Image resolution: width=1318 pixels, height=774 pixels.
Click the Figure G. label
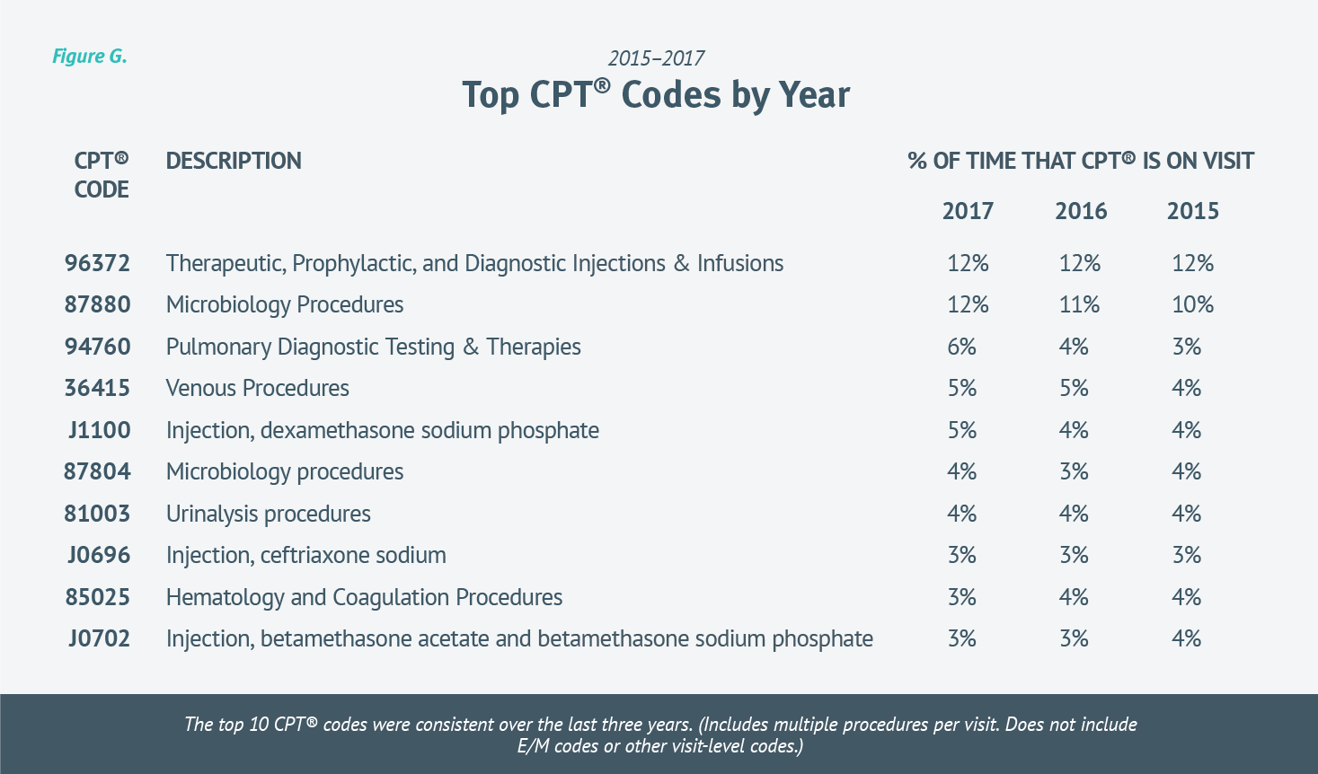[x=89, y=57]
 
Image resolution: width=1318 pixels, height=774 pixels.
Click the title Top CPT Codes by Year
[x=656, y=95]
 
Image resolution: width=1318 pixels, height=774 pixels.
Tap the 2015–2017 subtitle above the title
[x=656, y=58]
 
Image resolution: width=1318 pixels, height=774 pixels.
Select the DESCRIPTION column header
[x=234, y=162]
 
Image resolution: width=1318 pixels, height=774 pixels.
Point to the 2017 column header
[x=968, y=212]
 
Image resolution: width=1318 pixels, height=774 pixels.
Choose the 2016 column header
[x=1080, y=212]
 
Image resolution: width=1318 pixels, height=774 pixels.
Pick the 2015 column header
[x=1192, y=212]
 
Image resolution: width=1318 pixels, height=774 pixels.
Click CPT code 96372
[x=97, y=264]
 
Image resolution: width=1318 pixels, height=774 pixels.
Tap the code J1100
[x=99, y=431]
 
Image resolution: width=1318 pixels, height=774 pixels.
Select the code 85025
[x=97, y=598]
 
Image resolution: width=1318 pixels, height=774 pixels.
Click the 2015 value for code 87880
[x=1192, y=305]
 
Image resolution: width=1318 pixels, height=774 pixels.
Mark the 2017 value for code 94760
[x=961, y=347]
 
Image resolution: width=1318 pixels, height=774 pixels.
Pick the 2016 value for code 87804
[x=1074, y=472]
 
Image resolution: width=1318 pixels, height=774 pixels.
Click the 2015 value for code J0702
[x=1186, y=639]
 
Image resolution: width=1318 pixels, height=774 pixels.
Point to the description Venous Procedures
[x=257, y=389]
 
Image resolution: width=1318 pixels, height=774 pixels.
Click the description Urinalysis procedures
[x=268, y=515]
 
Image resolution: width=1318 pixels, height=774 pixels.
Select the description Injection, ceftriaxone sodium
[x=305, y=556]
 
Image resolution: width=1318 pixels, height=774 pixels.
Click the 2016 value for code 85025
[x=1074, y=598]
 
